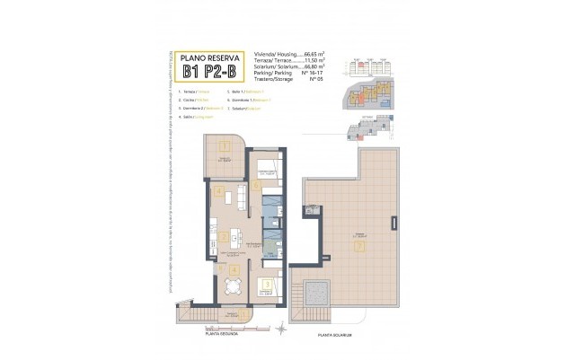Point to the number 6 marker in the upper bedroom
click(256, 186)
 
